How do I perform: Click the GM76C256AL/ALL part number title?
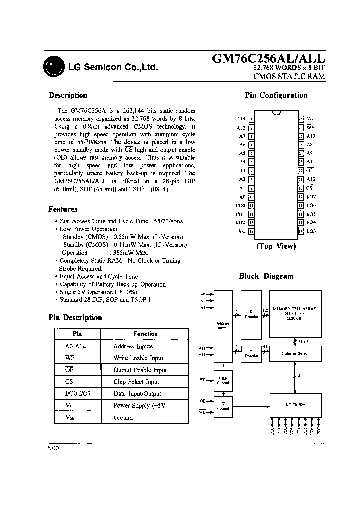point(269,59)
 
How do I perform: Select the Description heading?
point(68,95)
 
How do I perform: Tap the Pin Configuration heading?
point(276,95)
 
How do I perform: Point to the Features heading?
point(63,209)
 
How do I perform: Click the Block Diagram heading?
point(266,276)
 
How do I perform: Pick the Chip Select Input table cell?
point(136,382)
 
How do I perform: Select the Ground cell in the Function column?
point(123,417)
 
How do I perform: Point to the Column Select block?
point(294,353)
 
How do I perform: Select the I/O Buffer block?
point(294,405)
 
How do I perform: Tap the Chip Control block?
point(222,380)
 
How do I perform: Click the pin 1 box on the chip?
point(251,119)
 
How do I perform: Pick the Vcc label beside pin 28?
point(310,119)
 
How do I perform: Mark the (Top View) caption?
point(276,246)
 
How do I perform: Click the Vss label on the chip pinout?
point(242,231)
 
